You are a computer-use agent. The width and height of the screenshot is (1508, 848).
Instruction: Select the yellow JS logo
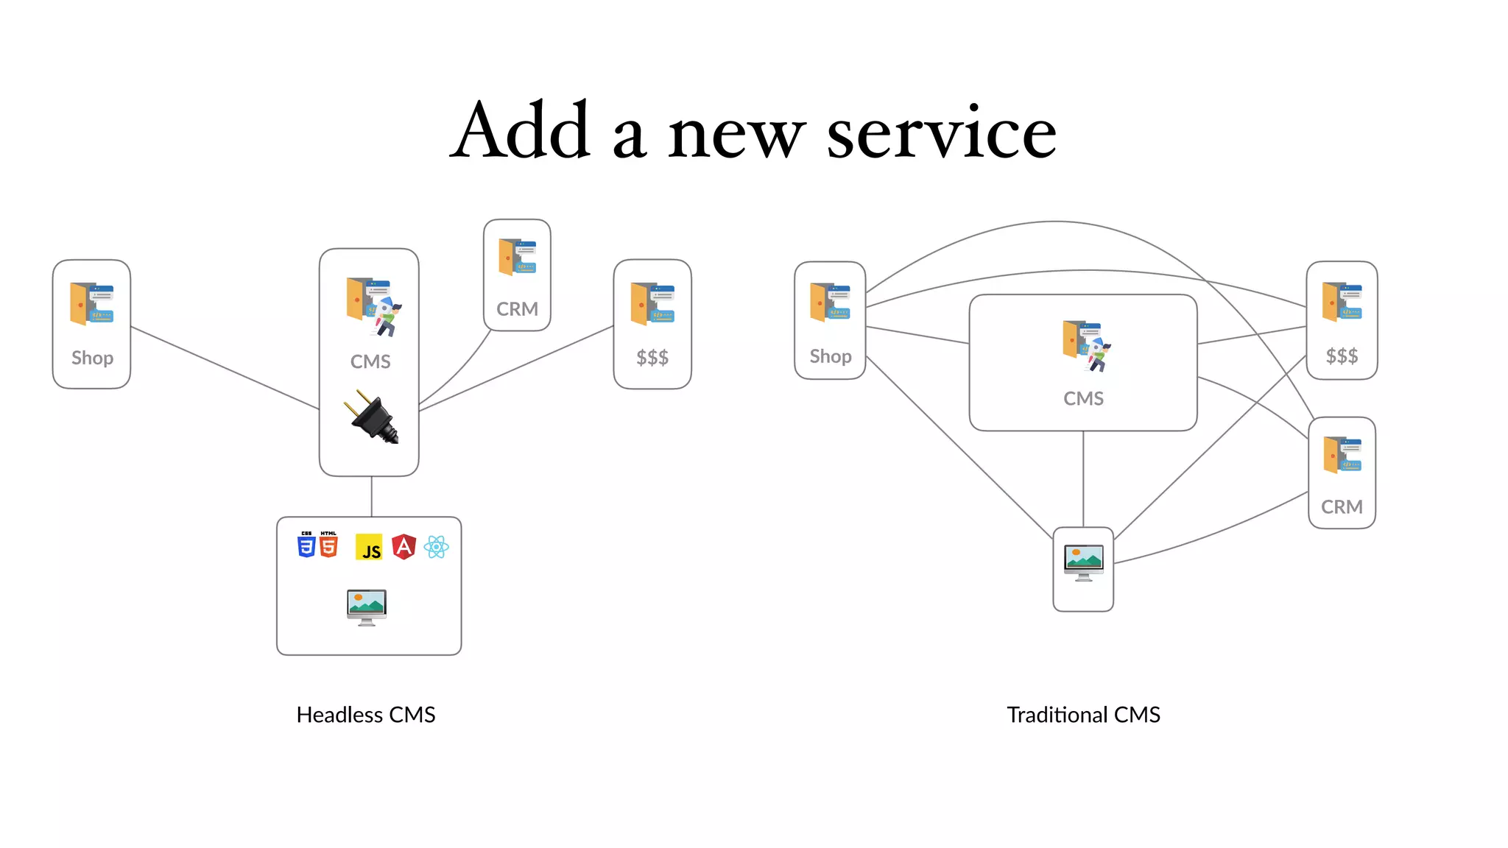(x=370, y=548)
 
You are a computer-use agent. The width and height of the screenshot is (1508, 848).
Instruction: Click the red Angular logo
(x=404, y=547)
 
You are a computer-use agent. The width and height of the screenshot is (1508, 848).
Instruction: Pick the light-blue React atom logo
(x=437, y=547)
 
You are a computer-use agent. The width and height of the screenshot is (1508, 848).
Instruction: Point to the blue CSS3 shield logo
(x=306, y=545)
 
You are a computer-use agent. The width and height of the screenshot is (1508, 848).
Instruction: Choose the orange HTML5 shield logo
(x=328, y=545)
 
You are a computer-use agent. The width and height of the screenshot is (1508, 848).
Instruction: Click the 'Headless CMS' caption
(x=366, y=715)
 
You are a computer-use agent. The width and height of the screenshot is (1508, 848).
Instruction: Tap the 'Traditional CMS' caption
(x=1083, y=715)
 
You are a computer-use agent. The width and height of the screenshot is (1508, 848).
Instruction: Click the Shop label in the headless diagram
(x=92, y=358)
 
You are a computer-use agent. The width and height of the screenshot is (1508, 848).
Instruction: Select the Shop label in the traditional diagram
(x=831, y=357)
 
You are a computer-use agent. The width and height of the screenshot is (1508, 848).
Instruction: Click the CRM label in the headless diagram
(x=517, y=309)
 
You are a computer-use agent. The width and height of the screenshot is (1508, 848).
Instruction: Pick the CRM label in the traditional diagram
(x=1342, y=507)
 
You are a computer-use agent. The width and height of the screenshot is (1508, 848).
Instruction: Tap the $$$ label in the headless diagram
(x=652, y=358)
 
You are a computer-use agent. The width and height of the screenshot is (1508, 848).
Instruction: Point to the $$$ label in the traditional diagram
(x=1342, y=357)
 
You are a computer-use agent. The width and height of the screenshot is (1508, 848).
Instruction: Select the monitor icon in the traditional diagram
(x=1083, y=563)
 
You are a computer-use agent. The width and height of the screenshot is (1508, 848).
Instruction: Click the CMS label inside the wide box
(x=1083, y=399)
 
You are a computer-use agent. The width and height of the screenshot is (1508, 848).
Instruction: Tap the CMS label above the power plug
(x=370, y=362)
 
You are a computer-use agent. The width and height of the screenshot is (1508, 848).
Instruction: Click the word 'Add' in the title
(x=521, y=132)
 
